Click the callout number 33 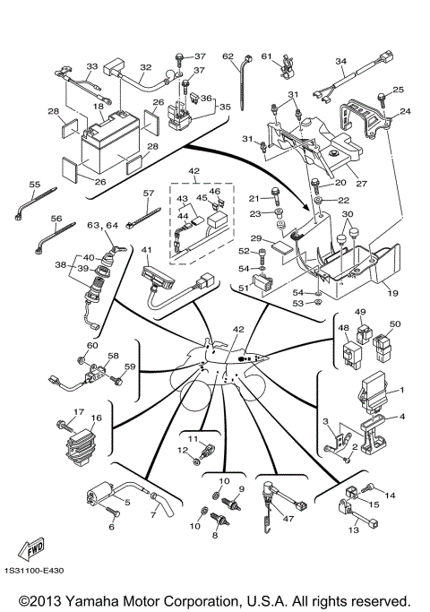(x=91, y=66)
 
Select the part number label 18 (x=99, y=106)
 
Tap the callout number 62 (x=228, y=56)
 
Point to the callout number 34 (x=340, y=62)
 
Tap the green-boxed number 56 (x=56, y=218)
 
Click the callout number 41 (x=146, y=250)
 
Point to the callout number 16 (x=96, y=418)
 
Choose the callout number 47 (x=288, y=518)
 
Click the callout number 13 (x=352, y=530)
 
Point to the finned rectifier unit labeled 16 (x=82, y=439)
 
